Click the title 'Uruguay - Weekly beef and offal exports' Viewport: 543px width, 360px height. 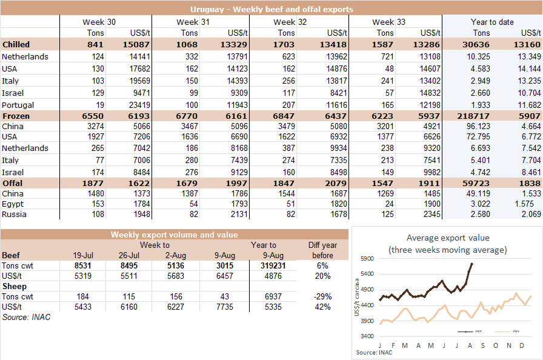pyautogui.click(x=271, y=10)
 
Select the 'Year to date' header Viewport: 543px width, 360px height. pyautogui.click(x=492, y=22)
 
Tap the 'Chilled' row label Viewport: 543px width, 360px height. pyautogui.click(x=16, y=45)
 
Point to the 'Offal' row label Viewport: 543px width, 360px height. pyautogui.click(x=13, y=184)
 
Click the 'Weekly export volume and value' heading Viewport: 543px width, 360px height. pyautogui.click(x=174, y=235)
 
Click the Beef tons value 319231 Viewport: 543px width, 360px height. pyautogui.click(x=265, y=265)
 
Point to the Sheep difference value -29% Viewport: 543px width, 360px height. pyautogui.click(x=322, y=297)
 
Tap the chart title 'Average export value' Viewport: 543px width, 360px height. pyautogui.click(x=447, y=238)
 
